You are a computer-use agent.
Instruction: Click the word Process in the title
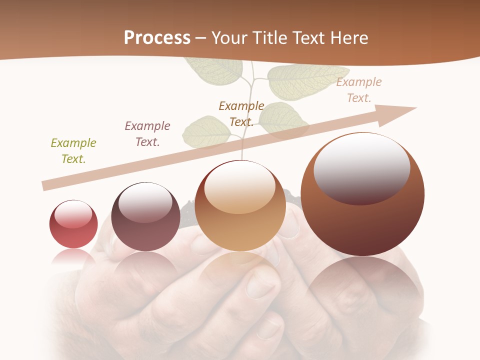click(x=157, y=38)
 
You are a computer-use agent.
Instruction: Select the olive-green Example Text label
click(x=73, y=151)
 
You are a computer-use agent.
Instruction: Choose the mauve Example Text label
click(x=147, y=134)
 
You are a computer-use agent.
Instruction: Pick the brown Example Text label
click(x=241, y=114)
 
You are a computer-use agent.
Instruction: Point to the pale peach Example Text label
click(x=359, y=90)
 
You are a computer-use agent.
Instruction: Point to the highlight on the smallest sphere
click(x=73, y=213)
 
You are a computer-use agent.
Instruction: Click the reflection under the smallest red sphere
click(x=73, y=257)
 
